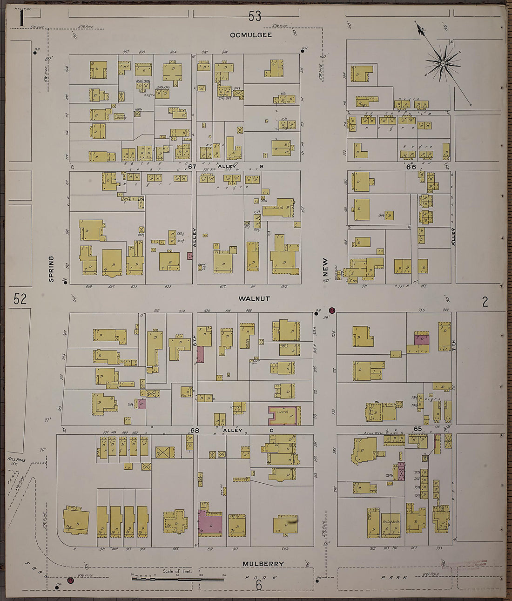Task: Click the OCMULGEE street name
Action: point(251,35)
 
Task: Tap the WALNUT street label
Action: point(254,298)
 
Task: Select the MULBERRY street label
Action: point(263,564)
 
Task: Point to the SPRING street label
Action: point(51,269)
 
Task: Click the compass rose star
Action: point(443,63)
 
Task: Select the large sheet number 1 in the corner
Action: point(20,19)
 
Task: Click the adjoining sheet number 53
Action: point(255,17)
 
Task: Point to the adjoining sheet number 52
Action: point(20,299)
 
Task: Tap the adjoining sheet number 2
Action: point(485,302)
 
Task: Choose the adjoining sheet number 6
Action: point(259,585)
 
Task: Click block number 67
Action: point(193,167)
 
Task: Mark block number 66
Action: point(411,167)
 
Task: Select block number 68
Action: point(195,431)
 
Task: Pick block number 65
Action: point(418,428)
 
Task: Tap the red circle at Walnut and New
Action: point(332,310)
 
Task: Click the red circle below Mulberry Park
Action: point(70,580)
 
